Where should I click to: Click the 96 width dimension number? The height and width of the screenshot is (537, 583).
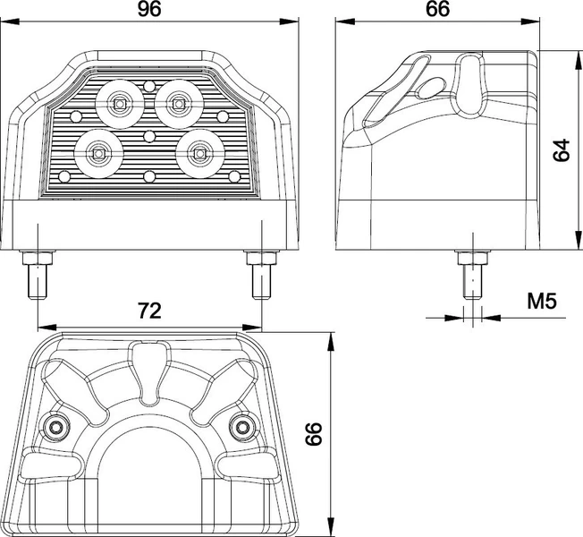[x=149, y=9]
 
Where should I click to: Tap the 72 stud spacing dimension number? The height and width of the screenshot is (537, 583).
[x=149, y=311]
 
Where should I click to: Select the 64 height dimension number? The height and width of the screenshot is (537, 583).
[x=562, y=150]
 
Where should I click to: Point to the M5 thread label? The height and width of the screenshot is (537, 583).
[x=542, y=301]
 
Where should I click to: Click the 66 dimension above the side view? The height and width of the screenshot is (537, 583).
[x=437, y=9]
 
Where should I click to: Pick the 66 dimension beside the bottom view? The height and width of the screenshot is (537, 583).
[x=314, y=434]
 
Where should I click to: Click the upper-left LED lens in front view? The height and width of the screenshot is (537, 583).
[x=119, y=104]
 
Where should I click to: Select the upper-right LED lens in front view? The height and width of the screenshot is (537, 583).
[x=179, y=104]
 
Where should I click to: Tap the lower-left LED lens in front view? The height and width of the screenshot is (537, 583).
[x=98, y=153]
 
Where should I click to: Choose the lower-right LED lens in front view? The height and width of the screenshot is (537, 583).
[x=200, y=153]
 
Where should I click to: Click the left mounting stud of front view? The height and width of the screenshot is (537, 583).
[x=38, y=276]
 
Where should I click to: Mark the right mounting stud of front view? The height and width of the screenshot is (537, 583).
[x=262, y=276]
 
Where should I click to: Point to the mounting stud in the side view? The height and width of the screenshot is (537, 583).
[x=472, y=276]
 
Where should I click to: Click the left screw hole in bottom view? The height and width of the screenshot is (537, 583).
[x=56, y=428]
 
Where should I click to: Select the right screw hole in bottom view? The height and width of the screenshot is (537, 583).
[x=243, y=428]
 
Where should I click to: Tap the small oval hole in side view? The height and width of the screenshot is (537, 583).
[x=430, y=89]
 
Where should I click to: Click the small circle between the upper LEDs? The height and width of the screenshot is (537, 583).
[x=149, y=86]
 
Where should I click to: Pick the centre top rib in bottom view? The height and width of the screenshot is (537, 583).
[x=149, y=372]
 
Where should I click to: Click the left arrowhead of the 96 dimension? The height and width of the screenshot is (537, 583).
[x=10, y=22]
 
